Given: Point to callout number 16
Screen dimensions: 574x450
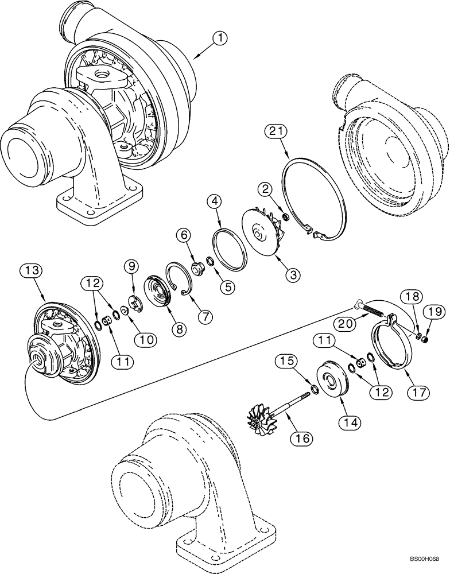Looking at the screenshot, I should (303, 438).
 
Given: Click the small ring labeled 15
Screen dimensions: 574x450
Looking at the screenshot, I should (315, 390).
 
